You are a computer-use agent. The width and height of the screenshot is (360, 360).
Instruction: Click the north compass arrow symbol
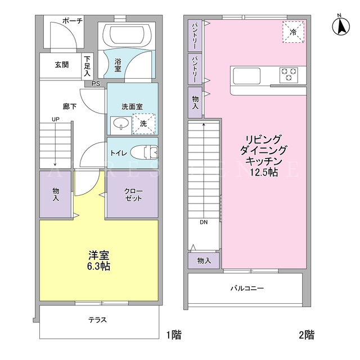(x=341, y=26)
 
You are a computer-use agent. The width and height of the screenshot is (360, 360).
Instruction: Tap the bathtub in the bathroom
(x=127, y=35)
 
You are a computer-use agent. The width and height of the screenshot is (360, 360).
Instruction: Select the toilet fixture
(x=145, y=152)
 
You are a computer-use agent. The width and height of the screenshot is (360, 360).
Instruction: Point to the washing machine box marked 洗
(x=144, y=124)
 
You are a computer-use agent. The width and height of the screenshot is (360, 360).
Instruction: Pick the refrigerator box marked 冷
(x=293, y=32)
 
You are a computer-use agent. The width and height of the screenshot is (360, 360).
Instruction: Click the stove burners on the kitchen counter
(x=289, y=75)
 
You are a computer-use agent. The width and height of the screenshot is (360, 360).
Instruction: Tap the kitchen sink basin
(x=247, y=76)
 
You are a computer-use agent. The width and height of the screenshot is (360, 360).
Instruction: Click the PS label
(x=96, y=84)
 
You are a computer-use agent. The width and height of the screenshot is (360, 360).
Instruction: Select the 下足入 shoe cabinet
(x=87, y=66)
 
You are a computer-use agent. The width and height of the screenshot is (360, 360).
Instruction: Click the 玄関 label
(x=62, y=65)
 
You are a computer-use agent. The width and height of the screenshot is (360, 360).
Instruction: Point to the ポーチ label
(x=73, y=21)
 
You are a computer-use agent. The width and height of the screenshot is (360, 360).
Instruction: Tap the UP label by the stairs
(x=56, y=119)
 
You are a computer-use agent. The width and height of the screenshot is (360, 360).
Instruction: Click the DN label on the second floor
(x=204, y=222)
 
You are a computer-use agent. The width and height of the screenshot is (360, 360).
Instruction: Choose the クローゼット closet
(x=133, y=194)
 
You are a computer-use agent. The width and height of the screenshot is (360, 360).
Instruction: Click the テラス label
(x=97, y=320)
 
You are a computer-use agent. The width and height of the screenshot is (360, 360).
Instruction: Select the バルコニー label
(x=247, y=288)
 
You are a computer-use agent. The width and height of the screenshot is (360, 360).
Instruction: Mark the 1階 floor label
(x=174, y=335)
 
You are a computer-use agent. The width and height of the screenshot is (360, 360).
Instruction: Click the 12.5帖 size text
(x=264, y=172)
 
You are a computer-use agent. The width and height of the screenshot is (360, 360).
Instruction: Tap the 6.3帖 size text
(x=98, y=266)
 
